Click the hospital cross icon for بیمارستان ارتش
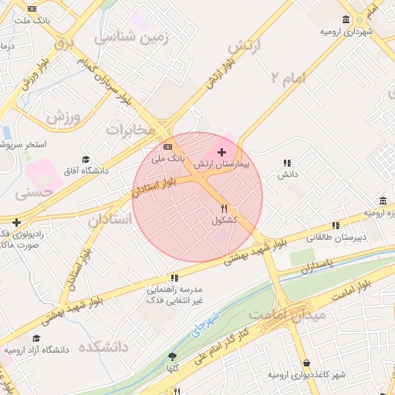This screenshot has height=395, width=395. pos(223,152)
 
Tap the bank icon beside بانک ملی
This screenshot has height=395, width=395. pos(168,147)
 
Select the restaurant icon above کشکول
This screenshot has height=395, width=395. pos(225,208)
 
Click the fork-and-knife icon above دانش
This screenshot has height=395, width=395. pos(287,163)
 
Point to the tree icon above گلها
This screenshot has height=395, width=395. pos(172,356)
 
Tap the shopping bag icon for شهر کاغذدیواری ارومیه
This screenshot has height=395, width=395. pos(307,363)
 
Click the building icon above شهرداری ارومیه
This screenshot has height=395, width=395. pos(344,20)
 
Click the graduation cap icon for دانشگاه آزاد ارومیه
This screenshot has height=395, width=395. pos(36,338)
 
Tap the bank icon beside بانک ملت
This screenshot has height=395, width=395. pos(31,10)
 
